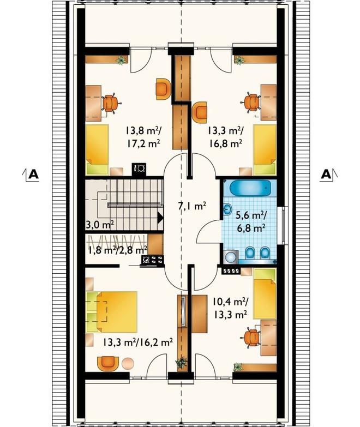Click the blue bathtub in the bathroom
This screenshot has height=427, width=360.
250,188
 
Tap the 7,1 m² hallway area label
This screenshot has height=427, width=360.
191,206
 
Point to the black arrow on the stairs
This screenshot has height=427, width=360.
160,218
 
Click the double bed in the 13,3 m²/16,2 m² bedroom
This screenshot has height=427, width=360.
111,312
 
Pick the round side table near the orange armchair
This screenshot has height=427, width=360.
128,363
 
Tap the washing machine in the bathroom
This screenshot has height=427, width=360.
231,256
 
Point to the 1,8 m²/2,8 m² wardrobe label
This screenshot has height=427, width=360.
117,250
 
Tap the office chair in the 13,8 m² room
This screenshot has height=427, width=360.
111,103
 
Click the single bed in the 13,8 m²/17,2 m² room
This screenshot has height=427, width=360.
98,149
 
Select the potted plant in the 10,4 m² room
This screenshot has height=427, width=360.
238,367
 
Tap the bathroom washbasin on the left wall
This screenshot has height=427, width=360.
227,209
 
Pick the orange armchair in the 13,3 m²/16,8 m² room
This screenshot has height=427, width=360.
200,112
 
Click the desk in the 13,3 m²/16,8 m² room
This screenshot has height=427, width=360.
269,103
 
